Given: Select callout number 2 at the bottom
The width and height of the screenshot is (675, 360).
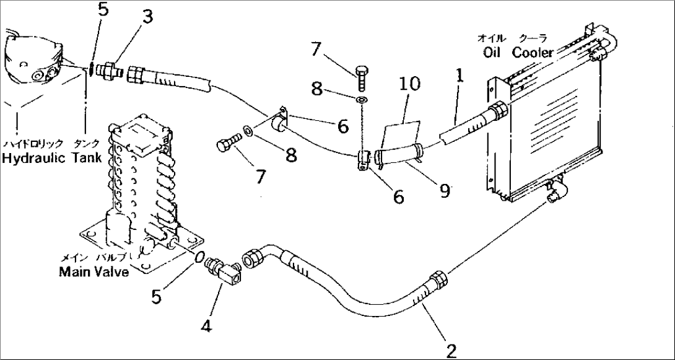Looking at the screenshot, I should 451,351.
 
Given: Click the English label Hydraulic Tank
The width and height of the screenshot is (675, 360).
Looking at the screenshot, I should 51,159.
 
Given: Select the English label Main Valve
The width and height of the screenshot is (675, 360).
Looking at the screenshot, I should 94,271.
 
